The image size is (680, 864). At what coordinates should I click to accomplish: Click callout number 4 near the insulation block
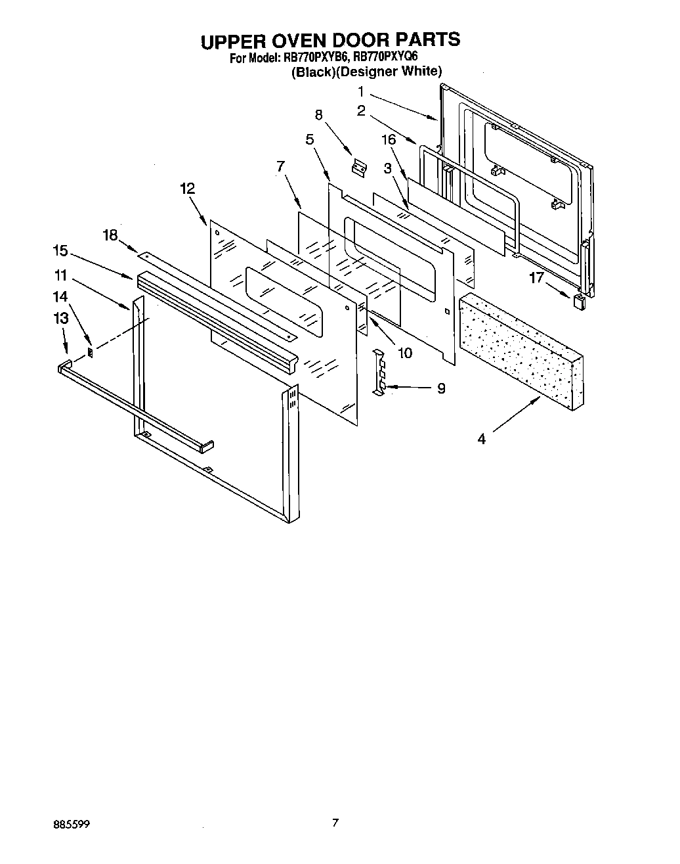pos(482,439)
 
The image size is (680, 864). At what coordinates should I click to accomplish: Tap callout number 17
pos(537,278)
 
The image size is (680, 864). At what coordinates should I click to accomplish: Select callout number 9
pos(441,388)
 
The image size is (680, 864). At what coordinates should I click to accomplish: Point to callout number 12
pos(187,188)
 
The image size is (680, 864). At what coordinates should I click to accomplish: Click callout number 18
pos(110,235)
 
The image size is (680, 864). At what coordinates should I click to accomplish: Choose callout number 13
pos(60,318)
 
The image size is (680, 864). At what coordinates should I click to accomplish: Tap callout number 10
pos(405,353)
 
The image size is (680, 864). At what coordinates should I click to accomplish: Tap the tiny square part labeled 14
pos(91,353)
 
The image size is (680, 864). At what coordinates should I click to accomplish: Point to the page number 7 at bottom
pos(335,822)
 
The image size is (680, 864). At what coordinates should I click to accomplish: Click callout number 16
pos(389,139)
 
